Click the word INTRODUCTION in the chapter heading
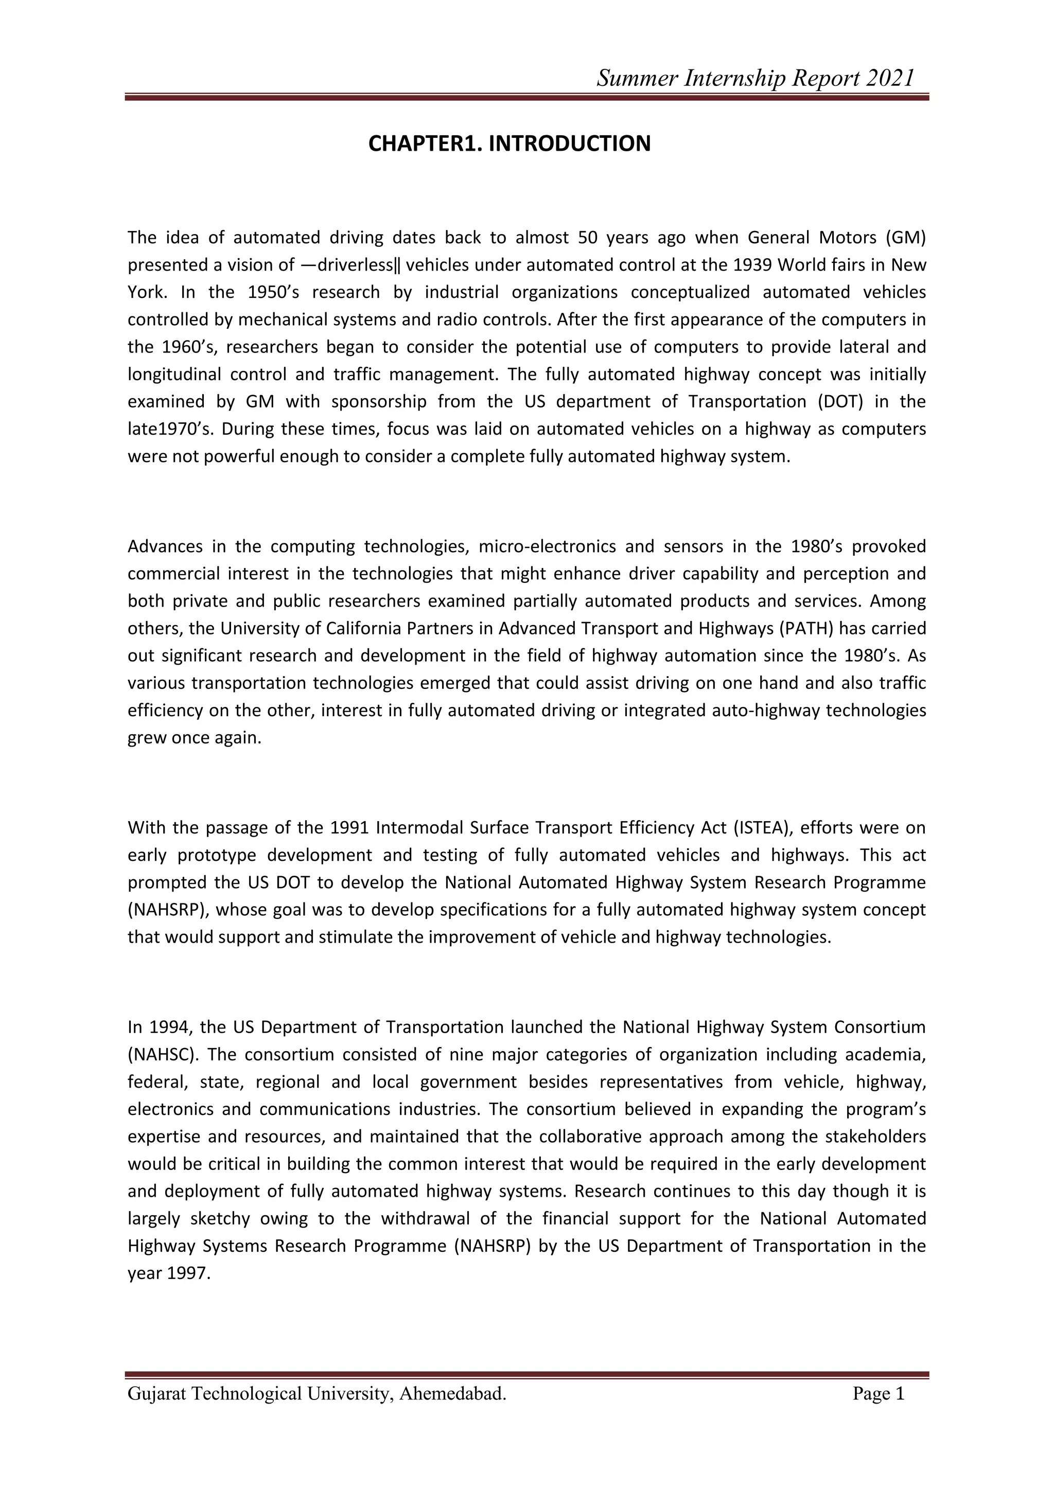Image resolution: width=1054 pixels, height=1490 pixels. click(x=569, y=144)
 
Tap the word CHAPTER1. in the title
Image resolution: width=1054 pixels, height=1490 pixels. click(x=425, y=144)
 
